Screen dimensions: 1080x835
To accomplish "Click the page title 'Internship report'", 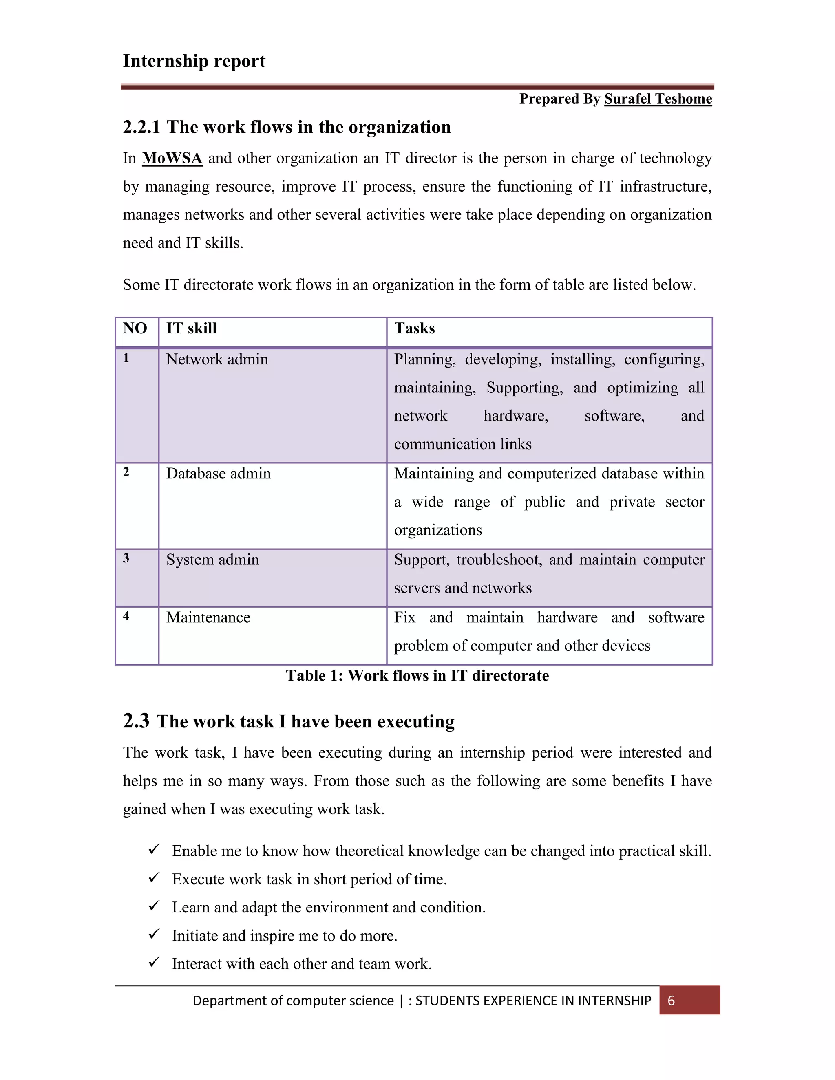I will coord(194,61).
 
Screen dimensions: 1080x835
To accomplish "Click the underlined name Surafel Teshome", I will coord(658,99).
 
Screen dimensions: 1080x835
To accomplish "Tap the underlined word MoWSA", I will coord(172,158).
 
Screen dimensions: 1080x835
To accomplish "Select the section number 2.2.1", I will coord(141,128).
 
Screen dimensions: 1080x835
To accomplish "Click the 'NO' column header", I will coord(135,328).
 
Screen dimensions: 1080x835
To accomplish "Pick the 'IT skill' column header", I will coord(192,328).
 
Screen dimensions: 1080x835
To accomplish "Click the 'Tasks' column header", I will coord(415,328).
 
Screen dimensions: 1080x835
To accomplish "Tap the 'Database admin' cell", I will coord(218,474).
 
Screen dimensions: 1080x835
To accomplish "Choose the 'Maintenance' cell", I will coord(208,617).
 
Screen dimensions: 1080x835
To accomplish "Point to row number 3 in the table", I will coord(126,558).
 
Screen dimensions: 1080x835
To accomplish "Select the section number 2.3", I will coord(136,721).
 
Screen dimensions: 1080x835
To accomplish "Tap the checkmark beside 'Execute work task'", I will coord(154,878).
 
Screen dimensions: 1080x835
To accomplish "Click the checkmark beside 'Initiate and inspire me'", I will coord(154,934).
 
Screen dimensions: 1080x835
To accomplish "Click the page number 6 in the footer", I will coord(671,1001).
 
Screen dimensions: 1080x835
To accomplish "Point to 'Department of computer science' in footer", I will coord(293,1001).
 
